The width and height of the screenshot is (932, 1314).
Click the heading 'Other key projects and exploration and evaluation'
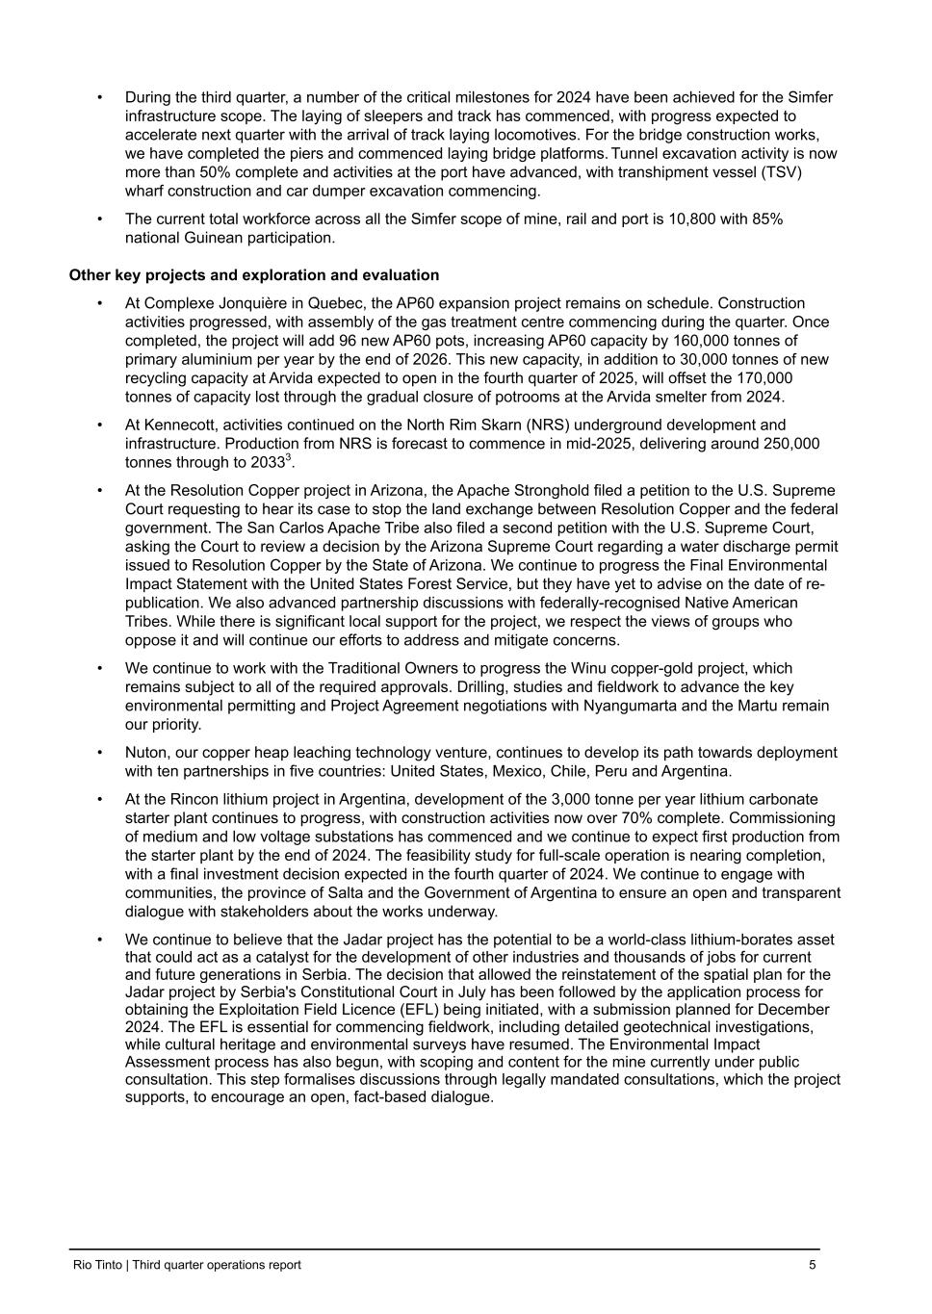coord(254,275)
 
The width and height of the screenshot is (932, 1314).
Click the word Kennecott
coord(178,425)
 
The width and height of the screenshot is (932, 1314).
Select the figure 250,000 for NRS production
coord(785,444)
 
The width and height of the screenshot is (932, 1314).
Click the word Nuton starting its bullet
coord(146,753)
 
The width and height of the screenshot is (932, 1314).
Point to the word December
coord(793,1010)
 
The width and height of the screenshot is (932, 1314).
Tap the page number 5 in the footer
coord(813,1265)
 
